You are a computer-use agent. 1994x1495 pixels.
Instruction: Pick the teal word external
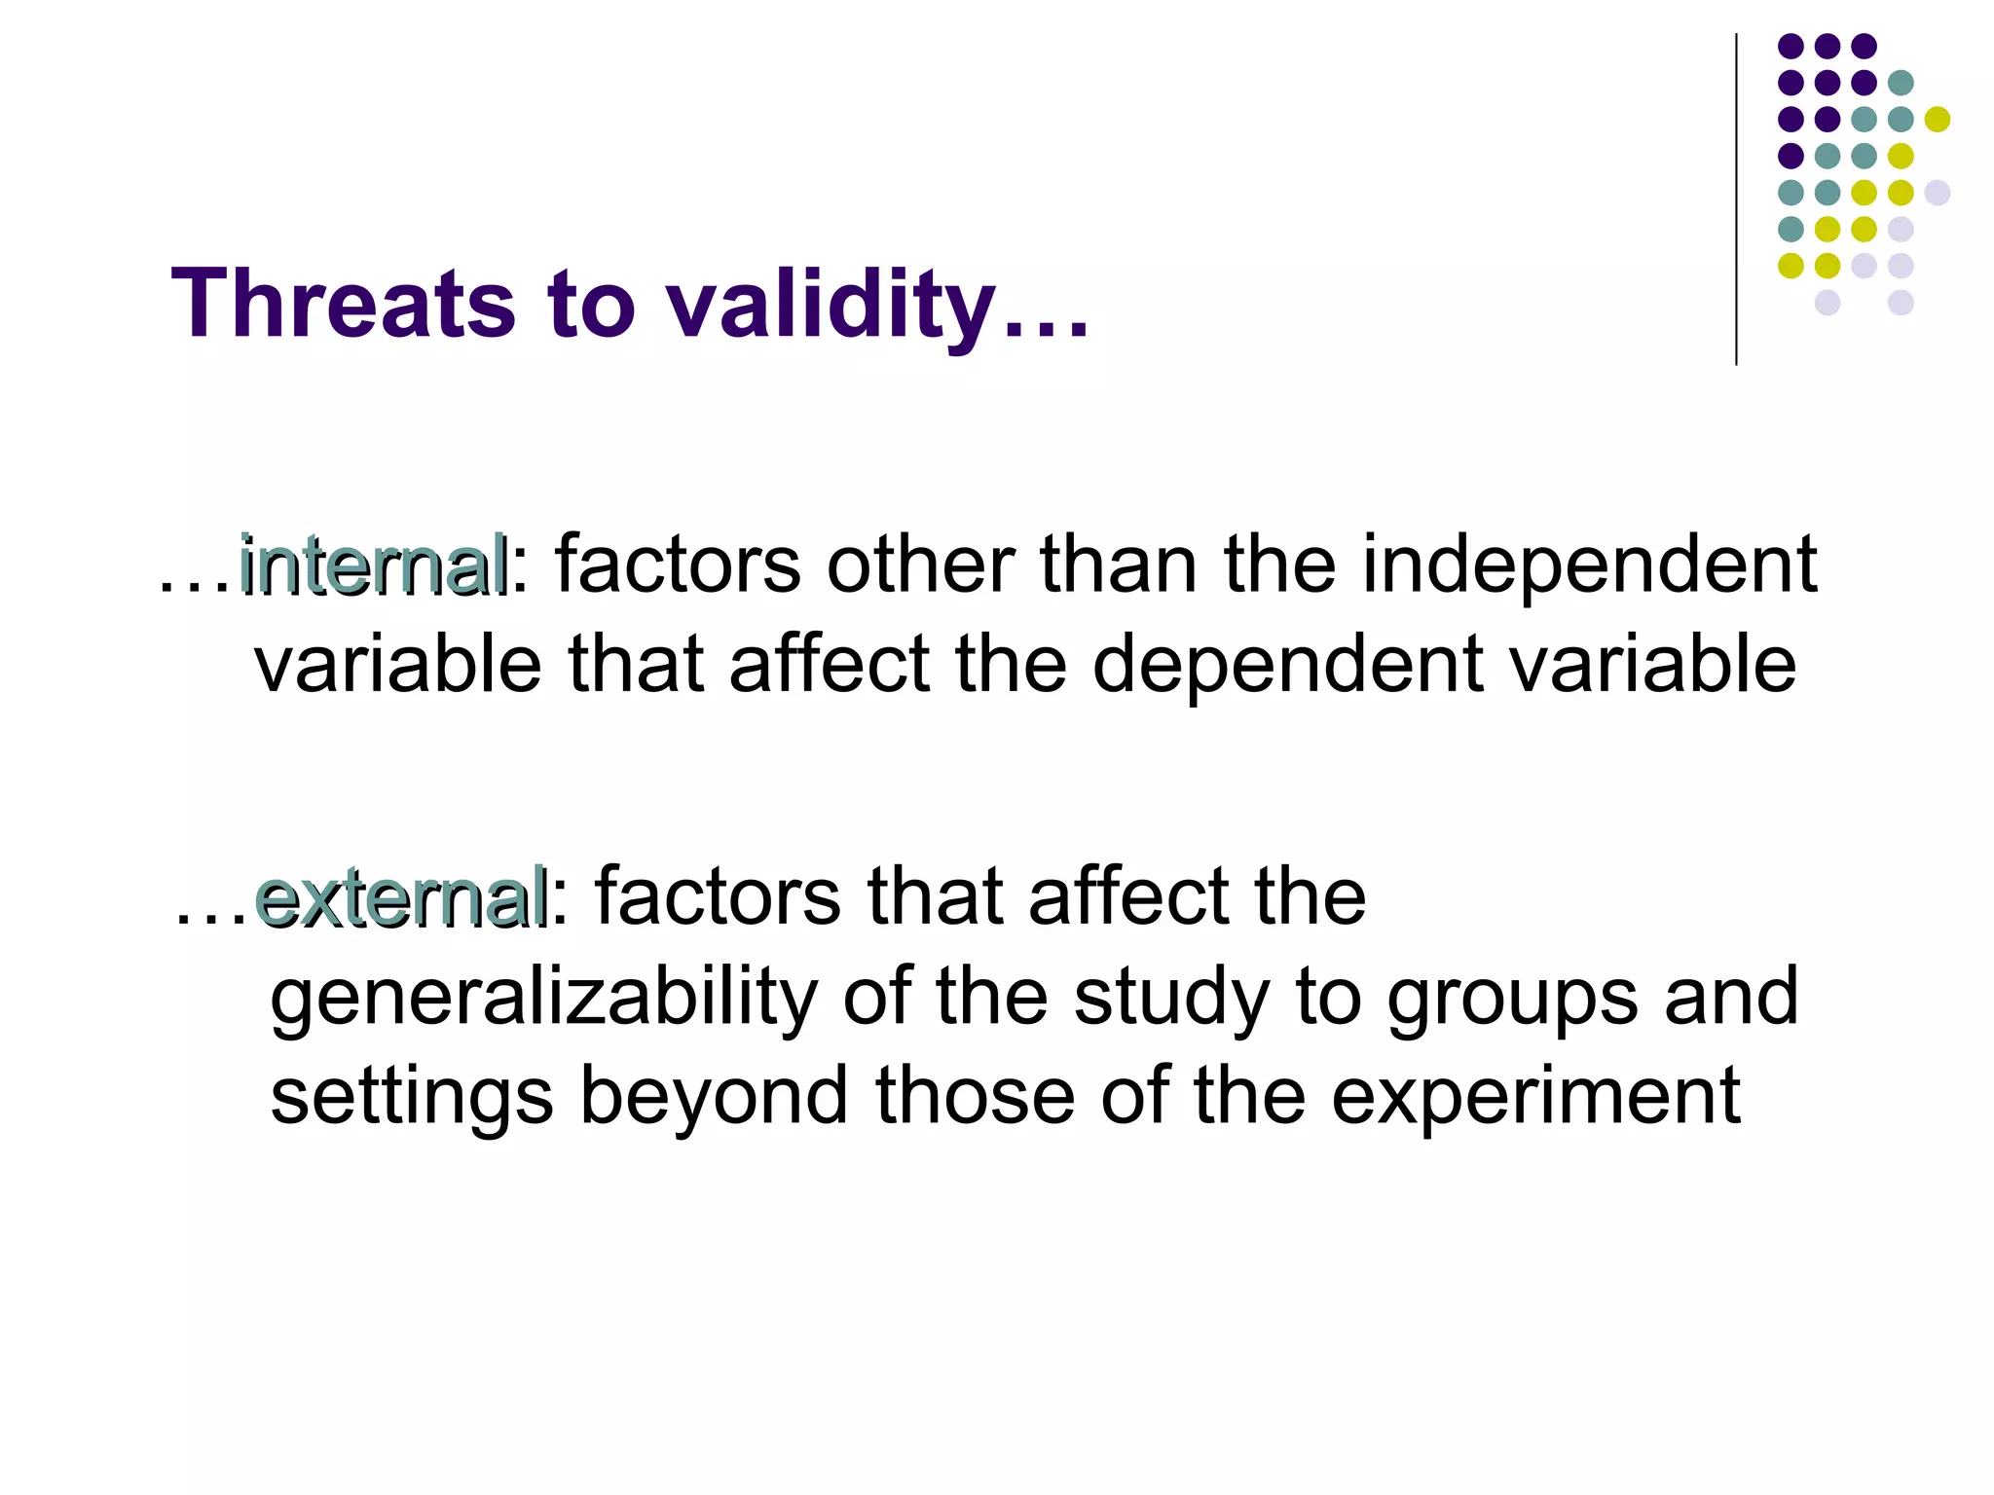pyautogui.click(x=400, y=897)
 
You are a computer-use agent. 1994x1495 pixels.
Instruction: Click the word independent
pyautogui.click(x=1589, y=566)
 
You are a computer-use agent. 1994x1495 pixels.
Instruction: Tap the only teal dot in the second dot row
pyautogui.click(x=1901, y=83)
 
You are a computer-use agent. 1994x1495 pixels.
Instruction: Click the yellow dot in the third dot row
pyautogui.click(x=1938, y=119)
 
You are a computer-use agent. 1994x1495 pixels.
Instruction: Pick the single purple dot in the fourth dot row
pyautogui.click(x=1791, y=156)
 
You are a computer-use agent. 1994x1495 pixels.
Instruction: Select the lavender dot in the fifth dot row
pyautogui.click(x=1938, y=193)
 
